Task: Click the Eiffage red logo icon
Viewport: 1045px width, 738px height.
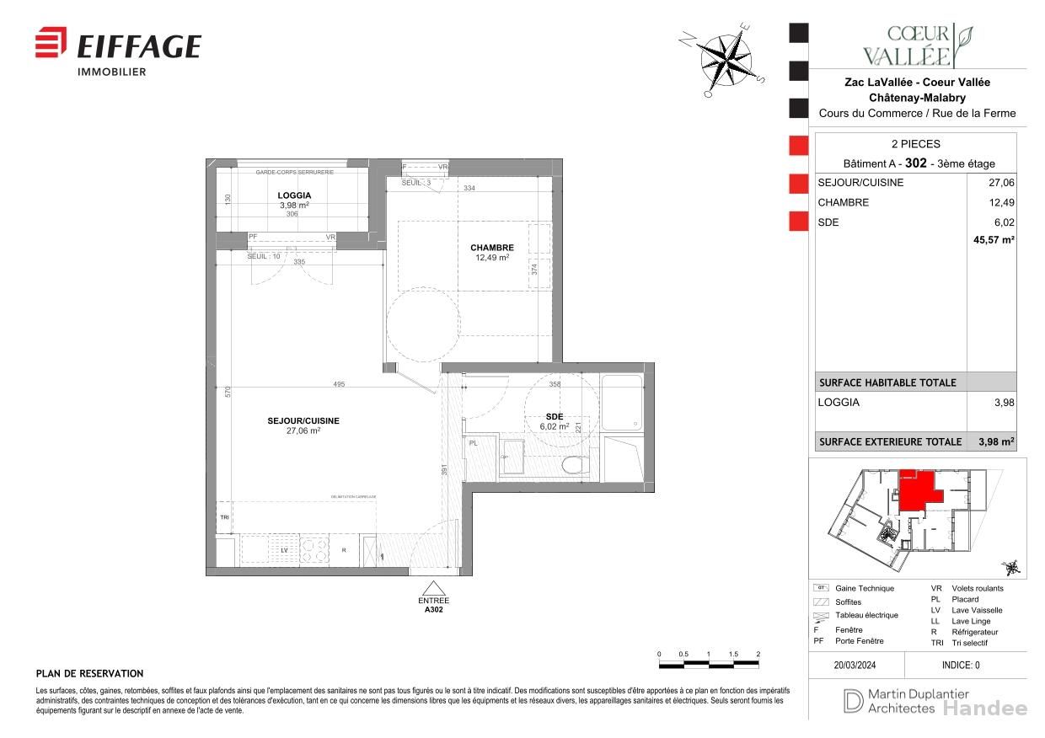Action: point(51,42)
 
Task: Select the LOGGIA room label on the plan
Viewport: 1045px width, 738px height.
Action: point(294,195)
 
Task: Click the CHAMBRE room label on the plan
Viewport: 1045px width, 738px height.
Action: point(492,248)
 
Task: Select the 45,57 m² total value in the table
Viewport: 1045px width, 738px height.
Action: point(994,240)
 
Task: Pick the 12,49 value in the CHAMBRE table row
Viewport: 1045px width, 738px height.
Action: point(1001,202)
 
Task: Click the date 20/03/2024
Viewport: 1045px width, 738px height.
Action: point(855,665)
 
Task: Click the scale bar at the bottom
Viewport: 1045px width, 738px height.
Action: point(708,665)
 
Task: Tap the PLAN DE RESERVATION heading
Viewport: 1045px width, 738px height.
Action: point(89,674)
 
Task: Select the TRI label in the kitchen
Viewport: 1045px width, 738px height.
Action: point(224,517)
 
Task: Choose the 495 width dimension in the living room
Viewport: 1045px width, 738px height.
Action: point(339,384)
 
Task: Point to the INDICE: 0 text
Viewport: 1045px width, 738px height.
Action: point(961,665)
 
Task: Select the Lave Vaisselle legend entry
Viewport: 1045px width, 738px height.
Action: point(976,610)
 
